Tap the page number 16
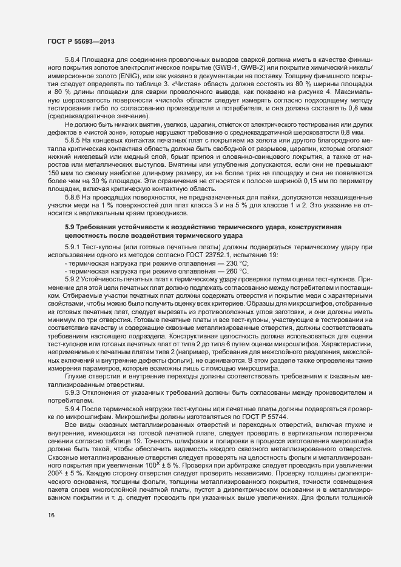pyautogui.click(x=52, y=532)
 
